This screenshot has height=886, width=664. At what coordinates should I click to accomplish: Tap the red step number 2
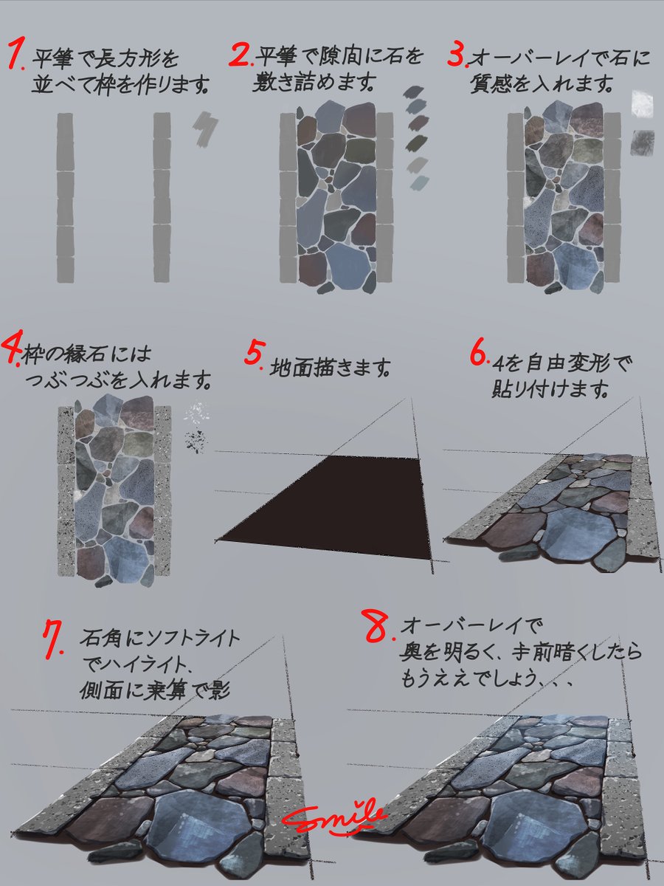click(240, 55)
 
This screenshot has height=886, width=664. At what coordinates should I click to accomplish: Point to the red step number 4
click(13, 350)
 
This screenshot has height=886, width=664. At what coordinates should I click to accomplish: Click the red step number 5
click(254, 353)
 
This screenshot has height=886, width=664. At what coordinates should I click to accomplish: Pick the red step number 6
click(478, 354)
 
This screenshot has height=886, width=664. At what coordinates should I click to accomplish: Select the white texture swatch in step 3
click(643, 103)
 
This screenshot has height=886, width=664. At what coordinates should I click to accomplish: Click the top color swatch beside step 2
click(413, 92)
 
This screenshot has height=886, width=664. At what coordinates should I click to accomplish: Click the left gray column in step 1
click(65, 198)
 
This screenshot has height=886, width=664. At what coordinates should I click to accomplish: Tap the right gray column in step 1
click(163, 198)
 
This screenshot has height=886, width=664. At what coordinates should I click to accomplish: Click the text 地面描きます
click(329, 367)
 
